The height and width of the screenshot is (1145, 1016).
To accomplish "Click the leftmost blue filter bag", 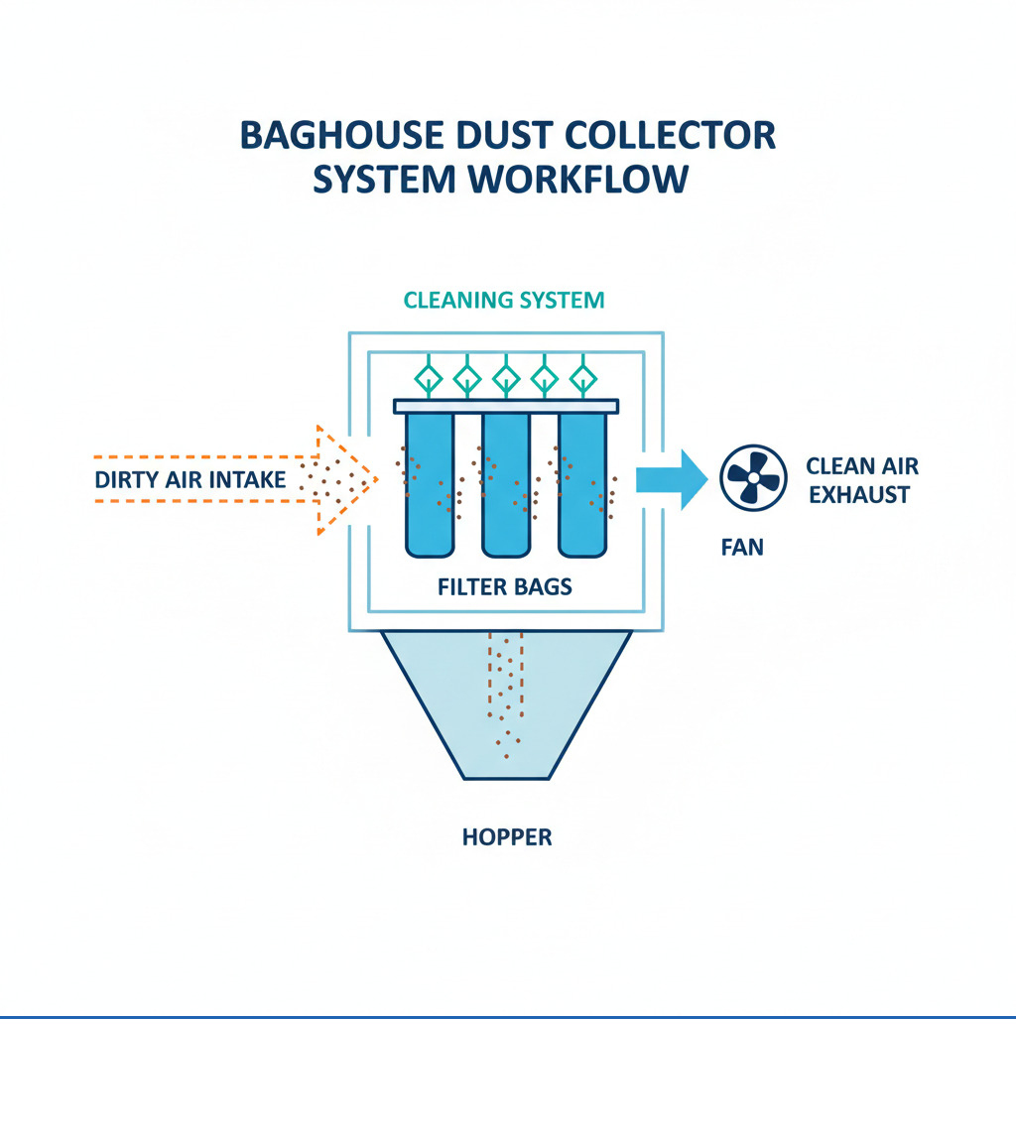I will coord(430,483).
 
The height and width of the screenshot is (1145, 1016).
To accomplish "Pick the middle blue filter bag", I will coord(506,483).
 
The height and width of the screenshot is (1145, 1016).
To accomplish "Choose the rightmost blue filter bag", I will coord(582,483).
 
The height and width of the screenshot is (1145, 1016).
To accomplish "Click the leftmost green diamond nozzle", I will coord(429,377).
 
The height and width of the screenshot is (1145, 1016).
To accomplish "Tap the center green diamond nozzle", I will coord(506,377).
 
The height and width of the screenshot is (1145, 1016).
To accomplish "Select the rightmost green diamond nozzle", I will coord(582,377).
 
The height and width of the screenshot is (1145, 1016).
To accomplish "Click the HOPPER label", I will coord(506,837).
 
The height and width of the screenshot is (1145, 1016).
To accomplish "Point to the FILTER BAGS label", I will coord(505,586).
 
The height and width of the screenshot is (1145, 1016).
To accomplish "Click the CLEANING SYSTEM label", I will coord(504,300).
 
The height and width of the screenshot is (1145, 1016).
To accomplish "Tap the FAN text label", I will coord(742,547).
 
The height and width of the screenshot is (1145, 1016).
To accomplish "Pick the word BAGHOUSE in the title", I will coord(350,136).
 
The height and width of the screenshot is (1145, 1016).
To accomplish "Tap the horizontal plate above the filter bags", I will coord(506,406).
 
